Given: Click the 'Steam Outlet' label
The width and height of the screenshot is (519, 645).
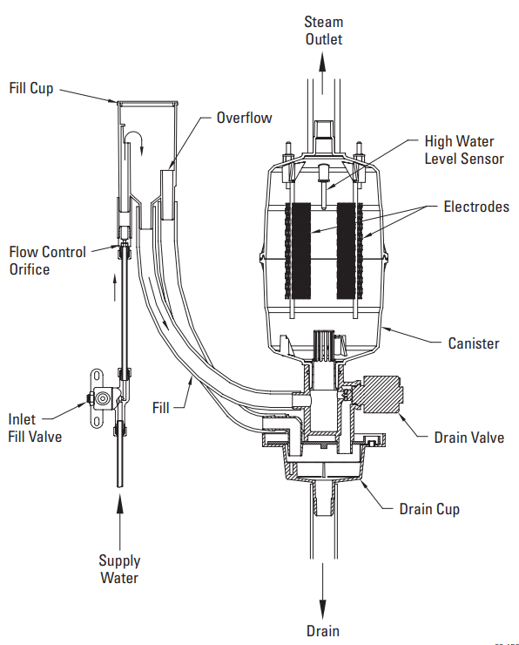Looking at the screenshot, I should (322, 30).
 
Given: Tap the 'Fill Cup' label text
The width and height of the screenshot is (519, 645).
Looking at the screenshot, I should (32, 88).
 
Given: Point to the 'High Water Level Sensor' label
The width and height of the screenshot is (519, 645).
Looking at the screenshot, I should (458, 149).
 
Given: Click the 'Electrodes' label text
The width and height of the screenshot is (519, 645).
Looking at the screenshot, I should (475, 207).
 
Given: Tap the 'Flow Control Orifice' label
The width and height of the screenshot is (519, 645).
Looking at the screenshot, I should (48, 261).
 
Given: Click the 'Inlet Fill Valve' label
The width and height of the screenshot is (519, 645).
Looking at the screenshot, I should (35, 427).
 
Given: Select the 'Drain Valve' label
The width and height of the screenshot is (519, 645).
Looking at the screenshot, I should (468, 437).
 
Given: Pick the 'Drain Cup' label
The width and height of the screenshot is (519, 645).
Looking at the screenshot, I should (429, 507).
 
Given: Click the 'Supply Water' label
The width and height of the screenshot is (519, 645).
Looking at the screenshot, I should (119, 569).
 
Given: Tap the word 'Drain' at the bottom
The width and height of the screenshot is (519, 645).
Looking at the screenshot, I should (322, 630).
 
